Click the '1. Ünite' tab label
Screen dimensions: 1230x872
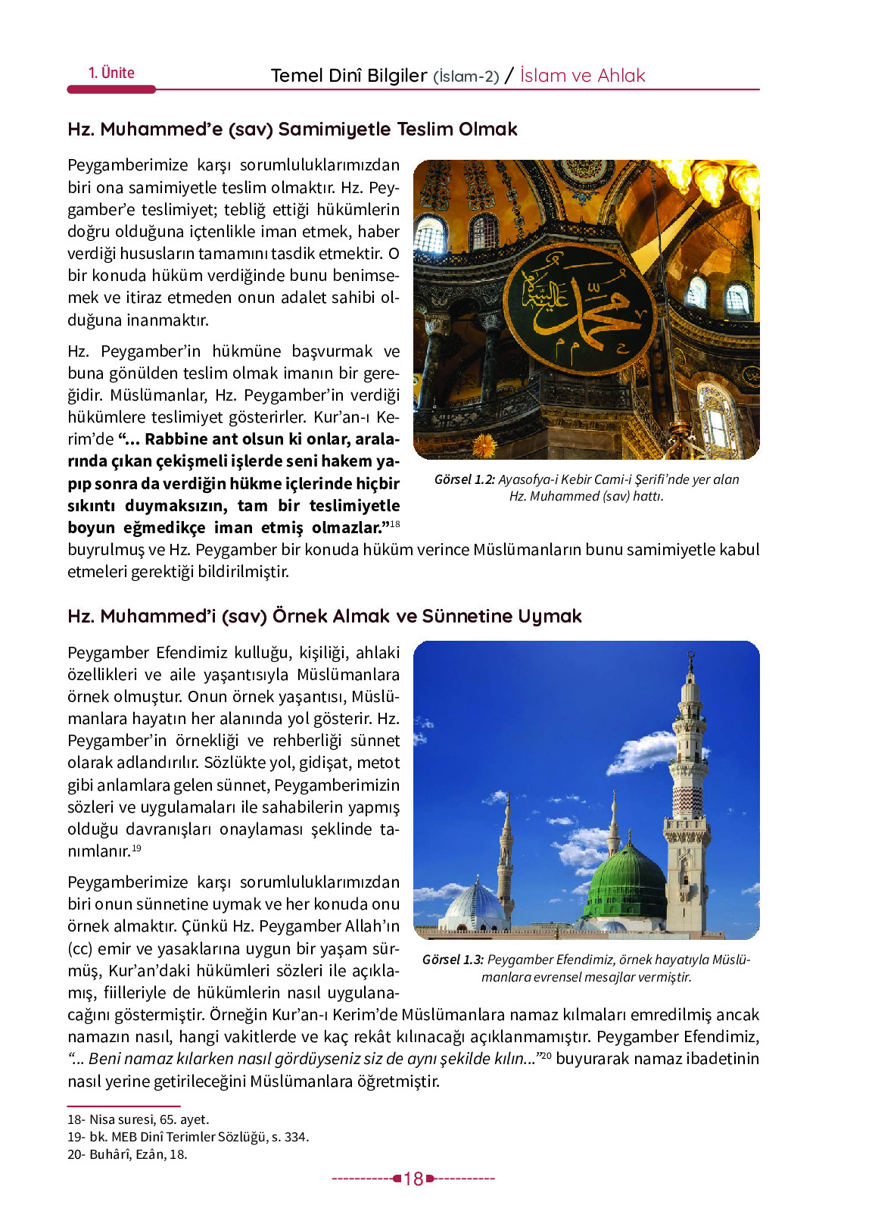[x=111, y=73]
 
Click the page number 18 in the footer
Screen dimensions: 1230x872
[x=413, y=1179]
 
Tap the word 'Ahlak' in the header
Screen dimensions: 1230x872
[x=621, y=76]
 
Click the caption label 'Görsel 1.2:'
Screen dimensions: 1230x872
[x=464, y=479]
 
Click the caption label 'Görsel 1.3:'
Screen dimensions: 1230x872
[x=453, y=960]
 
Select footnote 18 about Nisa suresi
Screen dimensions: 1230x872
[x=138, y=1119]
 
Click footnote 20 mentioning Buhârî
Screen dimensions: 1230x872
[x=126, y=1154]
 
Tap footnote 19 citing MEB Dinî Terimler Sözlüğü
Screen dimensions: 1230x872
[x=188, y=1137]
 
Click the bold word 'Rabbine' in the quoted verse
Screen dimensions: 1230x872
[x=176, y=439]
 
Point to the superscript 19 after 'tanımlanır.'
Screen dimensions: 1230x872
[x=137, y=848]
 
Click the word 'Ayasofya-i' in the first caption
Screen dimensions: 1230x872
[x=528, y=479]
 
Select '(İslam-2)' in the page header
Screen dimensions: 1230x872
[x=466, y=76]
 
